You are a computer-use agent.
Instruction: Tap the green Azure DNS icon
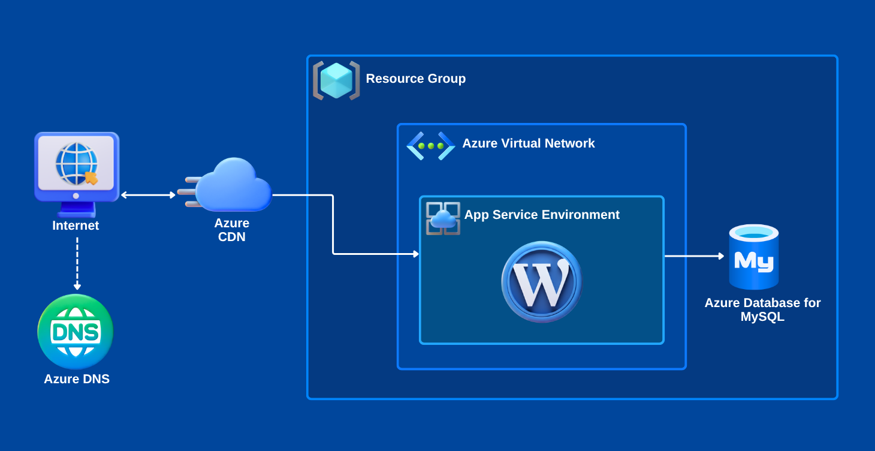76,332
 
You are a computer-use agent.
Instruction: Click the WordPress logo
542,282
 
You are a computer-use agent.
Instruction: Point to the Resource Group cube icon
336,80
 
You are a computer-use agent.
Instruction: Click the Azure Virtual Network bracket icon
431,146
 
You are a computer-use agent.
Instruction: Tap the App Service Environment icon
443,218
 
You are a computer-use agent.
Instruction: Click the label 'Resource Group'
415,79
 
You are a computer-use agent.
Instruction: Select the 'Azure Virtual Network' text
528,143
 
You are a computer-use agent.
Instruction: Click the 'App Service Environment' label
542,215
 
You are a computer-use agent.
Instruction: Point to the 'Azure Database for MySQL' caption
762,310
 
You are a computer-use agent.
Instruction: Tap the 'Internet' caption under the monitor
76,226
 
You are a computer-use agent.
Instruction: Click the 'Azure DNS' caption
77,379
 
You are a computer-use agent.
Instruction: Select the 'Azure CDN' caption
232,230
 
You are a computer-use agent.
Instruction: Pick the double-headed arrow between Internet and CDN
148,195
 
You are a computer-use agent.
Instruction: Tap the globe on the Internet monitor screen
76,163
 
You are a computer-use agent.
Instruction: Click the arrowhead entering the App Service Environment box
415,254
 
